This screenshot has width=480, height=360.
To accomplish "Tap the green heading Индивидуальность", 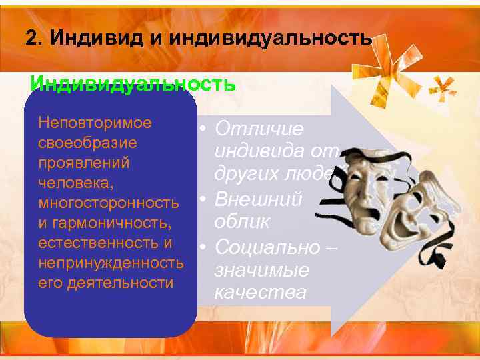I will [x=133, y=85].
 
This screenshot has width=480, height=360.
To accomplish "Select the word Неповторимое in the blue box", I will [x=95, y=123].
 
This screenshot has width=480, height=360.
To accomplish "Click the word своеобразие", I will [x=88, y=143].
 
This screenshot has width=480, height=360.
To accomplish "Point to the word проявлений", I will [x=84, y=163].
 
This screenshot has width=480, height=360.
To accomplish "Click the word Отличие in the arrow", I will [x=259, y=129].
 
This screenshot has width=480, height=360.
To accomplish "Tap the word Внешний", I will [x=258, y=199].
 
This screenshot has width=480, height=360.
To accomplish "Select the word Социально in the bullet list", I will [x=265, y=247].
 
